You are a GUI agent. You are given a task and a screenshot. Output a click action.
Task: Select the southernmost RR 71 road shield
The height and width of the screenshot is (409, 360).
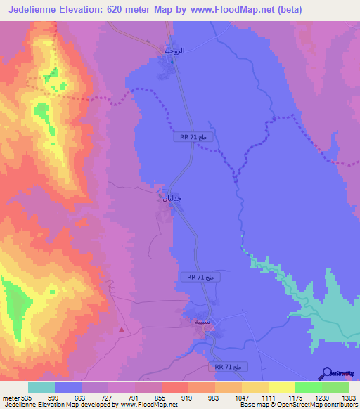click(228, 367)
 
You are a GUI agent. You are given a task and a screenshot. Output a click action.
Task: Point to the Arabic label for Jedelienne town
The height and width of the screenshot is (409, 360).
click(172, 199)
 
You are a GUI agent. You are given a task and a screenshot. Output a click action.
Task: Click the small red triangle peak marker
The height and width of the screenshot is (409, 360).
click(122, 328)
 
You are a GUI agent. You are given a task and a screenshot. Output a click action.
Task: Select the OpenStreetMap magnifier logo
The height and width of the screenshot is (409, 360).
click(327, 372)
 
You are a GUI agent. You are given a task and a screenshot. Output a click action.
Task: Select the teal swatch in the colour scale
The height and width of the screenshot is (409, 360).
click(41, 388)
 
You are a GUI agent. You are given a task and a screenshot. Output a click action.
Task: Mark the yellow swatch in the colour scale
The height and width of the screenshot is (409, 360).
click(281, 388)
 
